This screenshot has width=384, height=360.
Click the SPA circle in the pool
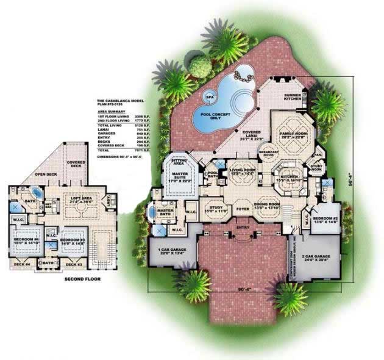coord(210,96)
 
